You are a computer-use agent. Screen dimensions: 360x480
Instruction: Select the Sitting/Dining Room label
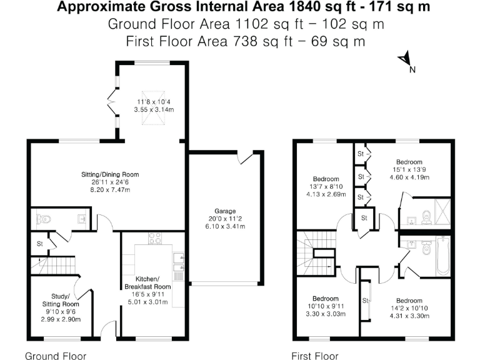[109, 174]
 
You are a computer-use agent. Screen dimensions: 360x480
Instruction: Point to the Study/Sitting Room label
[66, 301]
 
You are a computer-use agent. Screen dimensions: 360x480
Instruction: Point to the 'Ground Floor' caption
[55, 356]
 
